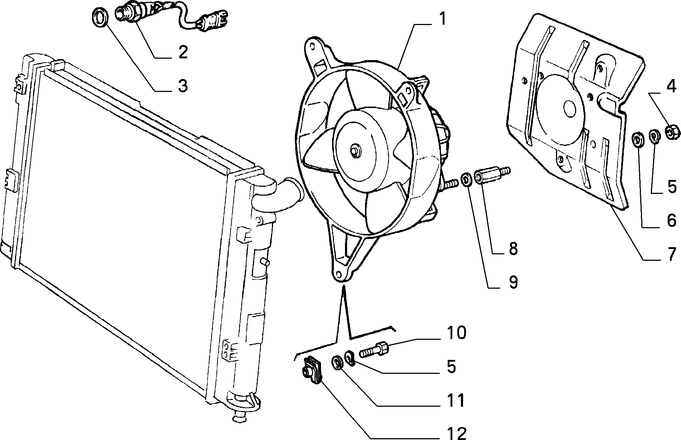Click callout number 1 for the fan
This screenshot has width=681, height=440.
point(443,19)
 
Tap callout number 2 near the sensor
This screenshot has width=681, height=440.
point(183,52)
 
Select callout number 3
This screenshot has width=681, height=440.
point(183,86)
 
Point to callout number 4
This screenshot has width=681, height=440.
point(671,87)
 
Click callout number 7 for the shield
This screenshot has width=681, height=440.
point(671,254)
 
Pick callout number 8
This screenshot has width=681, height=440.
point(513,248)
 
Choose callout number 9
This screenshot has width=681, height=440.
point(513,282)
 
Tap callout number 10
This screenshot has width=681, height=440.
point(456,333)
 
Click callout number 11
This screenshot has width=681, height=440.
point(455,400)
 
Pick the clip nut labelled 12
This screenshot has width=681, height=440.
point(312,371)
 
